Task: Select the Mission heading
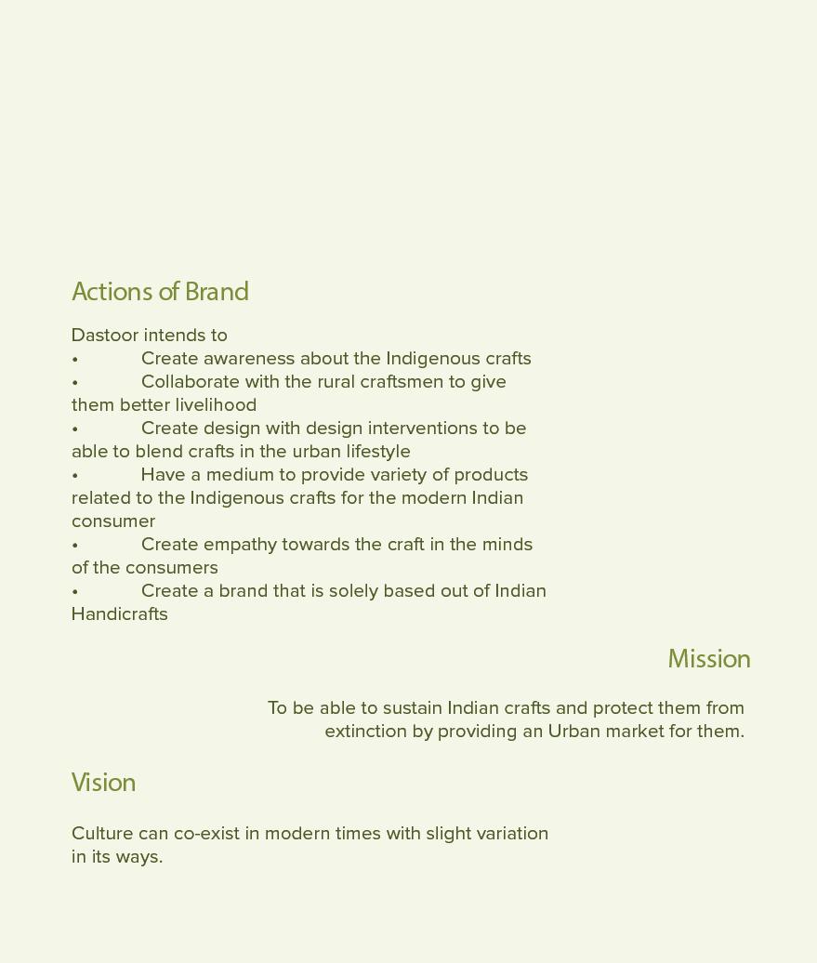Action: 708,659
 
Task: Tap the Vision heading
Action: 103,783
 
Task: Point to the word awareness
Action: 248,359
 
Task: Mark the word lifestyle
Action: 378,452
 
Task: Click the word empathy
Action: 240,545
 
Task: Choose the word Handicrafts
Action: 119,614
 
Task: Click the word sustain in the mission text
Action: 412,708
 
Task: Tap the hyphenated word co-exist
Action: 206,834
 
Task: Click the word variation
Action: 512,834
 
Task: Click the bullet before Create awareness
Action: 75,360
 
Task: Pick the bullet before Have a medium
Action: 75,476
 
